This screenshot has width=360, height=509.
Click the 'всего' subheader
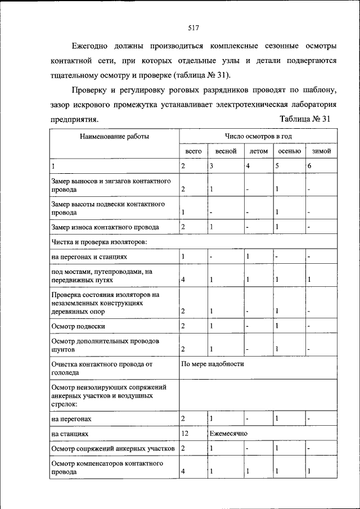point(193,151)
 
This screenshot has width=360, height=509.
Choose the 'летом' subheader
point(258,151)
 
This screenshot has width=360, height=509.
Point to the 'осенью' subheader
point(289,151)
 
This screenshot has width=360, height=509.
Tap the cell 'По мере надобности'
point(213,364)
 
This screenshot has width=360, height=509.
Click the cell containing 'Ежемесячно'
point(228,434)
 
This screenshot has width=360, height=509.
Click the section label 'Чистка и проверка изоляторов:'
point(99,242)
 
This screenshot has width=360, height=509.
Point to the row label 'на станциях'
point(69,434)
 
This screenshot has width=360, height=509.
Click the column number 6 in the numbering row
point(309,166)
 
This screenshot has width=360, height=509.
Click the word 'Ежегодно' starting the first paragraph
point(91,46)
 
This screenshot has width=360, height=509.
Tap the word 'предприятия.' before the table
point(74,119)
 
